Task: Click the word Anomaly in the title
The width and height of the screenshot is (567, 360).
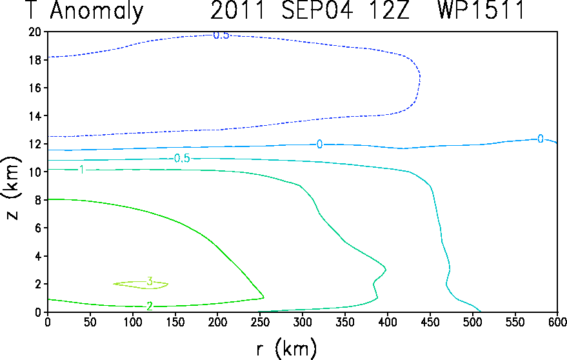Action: (97, 10)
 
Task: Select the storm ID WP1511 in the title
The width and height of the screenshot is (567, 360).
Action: (481, 10)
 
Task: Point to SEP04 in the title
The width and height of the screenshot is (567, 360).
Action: (317, 10)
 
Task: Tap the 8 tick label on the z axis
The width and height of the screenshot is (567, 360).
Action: (37, 200)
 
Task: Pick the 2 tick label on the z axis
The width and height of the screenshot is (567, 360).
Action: (37, 284)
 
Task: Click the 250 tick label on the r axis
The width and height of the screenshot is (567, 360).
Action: (260, 322)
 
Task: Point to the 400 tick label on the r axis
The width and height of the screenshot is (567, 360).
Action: (387, 322)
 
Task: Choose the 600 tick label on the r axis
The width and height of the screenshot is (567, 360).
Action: (557, 322)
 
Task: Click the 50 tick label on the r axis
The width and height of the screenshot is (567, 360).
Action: (90, 322)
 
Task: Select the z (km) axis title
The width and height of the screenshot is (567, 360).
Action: (12, 188)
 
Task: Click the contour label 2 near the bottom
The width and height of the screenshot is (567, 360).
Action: (150, 306)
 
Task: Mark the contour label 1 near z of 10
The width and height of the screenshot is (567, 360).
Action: (82, 169)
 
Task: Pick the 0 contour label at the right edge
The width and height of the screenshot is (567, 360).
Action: (541, 139)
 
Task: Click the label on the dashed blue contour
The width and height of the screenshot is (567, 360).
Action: (221, 35)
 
